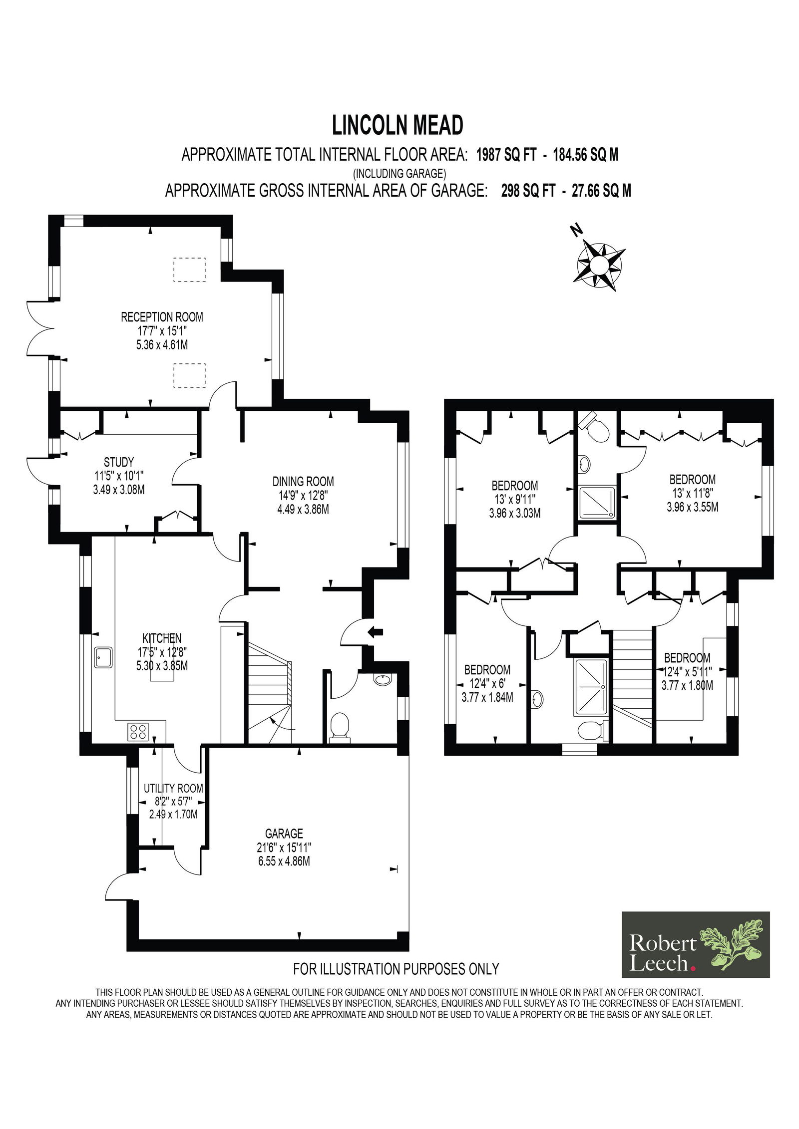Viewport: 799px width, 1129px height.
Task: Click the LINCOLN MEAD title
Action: [x=398, y=125]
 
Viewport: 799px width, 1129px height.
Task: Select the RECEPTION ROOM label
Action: [x=162, y=316]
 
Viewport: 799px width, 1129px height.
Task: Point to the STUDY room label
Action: [x=119, y=462]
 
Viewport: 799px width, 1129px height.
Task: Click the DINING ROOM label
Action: [x=303, y=482]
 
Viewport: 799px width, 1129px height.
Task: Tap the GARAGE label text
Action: [x=284, y=834]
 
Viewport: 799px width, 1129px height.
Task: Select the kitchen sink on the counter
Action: [x=104, y=658]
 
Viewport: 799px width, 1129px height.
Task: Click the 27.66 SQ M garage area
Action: [x=601, y=191]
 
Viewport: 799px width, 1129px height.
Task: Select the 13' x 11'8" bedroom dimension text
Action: [x=693, y=494]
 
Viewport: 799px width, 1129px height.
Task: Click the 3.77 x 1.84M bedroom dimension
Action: [x=487, y=697]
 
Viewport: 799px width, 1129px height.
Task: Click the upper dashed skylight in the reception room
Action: [x=189, y=270]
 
